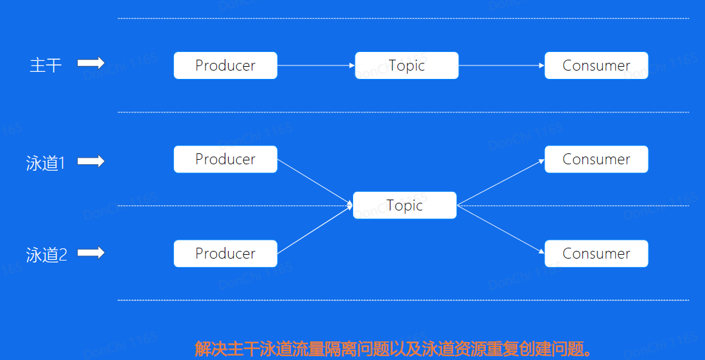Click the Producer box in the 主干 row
225,65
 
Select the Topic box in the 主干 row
406,65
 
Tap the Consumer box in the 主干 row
596,65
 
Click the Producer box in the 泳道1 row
225,159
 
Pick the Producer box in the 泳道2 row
225,253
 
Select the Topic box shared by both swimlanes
405,205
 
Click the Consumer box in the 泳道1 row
596,159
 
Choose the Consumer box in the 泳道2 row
596,253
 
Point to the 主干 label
46,65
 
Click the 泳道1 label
46,163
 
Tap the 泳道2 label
46,255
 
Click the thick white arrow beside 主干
91,63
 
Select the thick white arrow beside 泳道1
91,161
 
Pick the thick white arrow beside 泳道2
91,253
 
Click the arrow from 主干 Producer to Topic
316,65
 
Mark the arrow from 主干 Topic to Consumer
501,65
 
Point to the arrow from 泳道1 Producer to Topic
315,183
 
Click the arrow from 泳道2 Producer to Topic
315,229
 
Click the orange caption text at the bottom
393,349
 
